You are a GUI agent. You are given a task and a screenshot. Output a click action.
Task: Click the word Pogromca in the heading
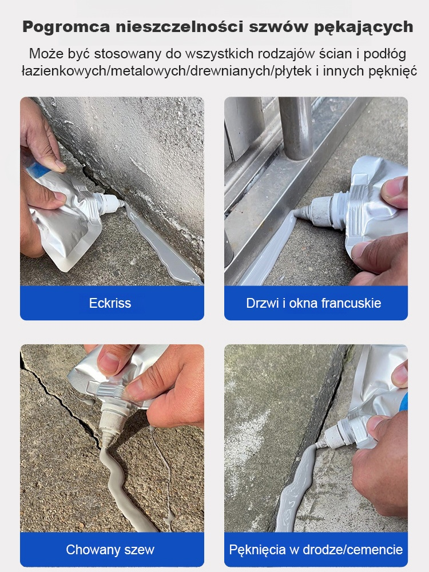66,27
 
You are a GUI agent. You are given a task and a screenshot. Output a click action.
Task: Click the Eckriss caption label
110,303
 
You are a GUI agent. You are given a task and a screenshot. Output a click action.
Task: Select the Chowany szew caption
110,550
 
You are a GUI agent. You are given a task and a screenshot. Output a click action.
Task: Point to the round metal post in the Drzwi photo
296,128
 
